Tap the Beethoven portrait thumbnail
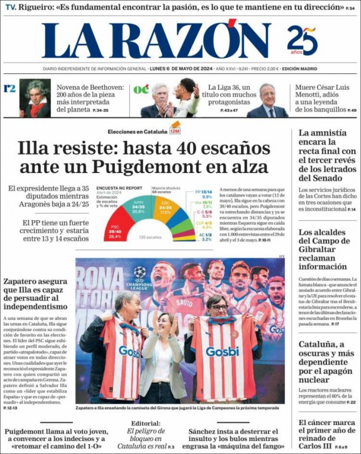coord(35,98)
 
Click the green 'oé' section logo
coord(141,89)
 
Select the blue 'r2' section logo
coord(9,89)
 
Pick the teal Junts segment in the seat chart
coord(138,207)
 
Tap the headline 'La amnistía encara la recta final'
coord(327,154)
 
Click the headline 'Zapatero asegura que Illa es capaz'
coord(35,293)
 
